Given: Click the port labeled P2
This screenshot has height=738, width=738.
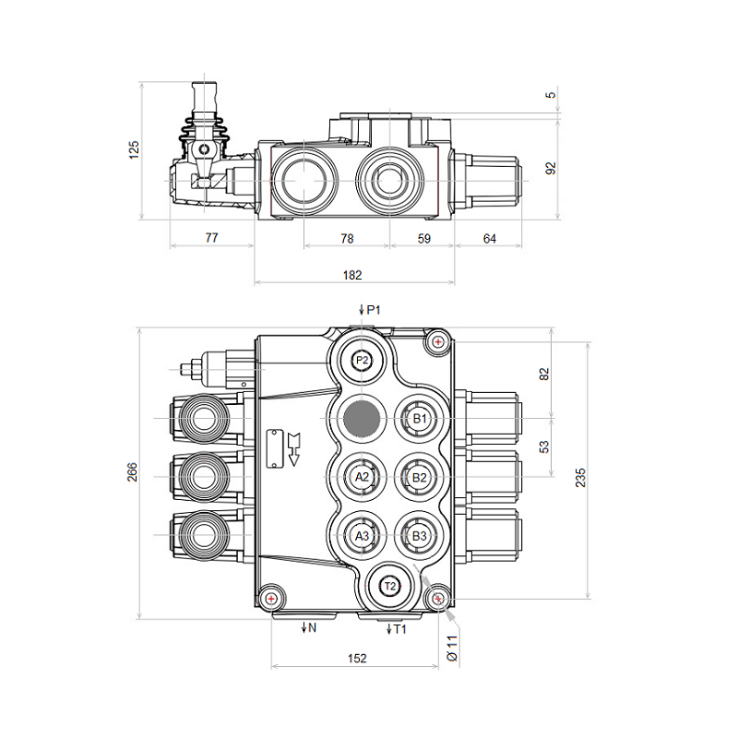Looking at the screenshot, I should [362, 361].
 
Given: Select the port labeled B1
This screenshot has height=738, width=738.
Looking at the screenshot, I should [419, 419].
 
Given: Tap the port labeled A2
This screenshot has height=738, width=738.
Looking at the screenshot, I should [362, 477].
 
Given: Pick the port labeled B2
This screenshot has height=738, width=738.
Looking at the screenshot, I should [419, 477].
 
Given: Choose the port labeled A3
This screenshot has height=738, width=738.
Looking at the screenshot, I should [362, 535].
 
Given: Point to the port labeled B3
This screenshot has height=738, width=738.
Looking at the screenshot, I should [419, 535].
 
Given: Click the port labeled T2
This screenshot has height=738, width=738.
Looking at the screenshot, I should [389, 586].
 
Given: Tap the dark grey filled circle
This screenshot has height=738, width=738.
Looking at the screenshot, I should [362, 419].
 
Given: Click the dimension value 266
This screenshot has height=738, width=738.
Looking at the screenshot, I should [131, 472].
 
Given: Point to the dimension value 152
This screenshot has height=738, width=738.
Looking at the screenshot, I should [357, 658].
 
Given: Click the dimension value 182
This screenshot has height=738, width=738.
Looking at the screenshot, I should [352, 275].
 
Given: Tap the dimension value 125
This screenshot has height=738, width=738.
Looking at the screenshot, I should [133, 151].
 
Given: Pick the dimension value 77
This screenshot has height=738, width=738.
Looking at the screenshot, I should [211, 238].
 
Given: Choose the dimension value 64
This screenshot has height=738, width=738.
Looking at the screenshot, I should [489, 238].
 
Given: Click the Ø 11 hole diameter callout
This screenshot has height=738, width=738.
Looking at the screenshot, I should [452, 645].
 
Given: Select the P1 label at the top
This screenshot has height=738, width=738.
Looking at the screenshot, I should [372, 310].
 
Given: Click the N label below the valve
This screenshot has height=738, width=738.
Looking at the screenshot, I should [311, 628].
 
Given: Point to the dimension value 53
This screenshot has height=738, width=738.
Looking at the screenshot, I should [544, 447].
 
